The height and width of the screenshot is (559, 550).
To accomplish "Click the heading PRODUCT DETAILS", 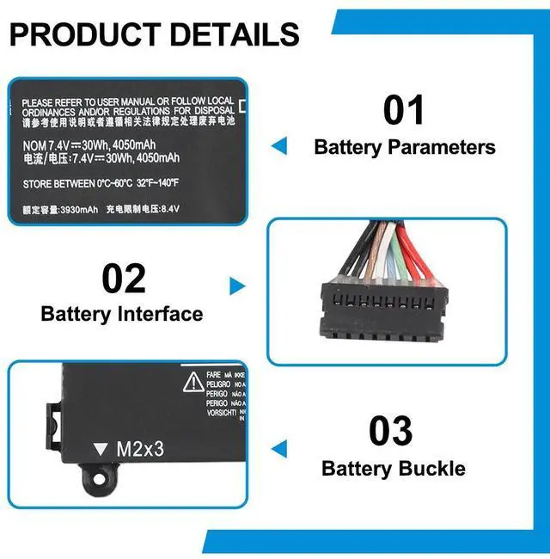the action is [155, 34].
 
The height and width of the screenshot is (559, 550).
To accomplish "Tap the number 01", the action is [404, 111].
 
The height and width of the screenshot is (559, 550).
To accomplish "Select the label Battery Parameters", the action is [405, 147].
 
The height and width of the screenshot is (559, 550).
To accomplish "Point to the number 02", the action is [124, 279].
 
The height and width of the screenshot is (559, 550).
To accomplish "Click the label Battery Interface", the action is [122, 314].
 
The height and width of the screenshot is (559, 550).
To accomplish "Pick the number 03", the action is [391, 431].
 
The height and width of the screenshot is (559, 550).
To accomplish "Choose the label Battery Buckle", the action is [393, 469].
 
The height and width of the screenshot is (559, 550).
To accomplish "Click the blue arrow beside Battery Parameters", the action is [278, 146].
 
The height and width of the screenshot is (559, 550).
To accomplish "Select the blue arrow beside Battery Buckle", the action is [278, 447].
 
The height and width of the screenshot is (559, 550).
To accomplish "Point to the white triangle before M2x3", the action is [101, 449].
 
